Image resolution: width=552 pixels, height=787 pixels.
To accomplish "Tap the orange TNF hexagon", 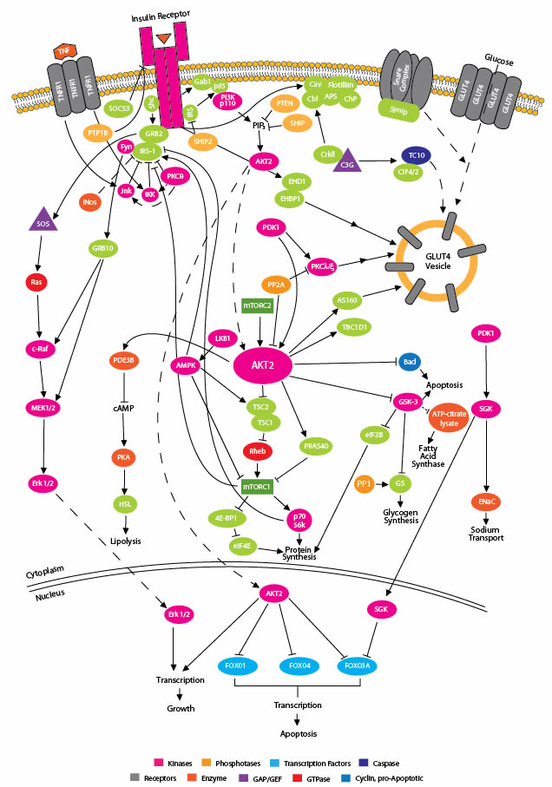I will click(x=63, y=51).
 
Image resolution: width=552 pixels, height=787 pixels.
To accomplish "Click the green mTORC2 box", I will click(x=260, y=305).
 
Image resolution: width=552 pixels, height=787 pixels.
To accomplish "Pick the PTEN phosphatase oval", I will click(x=286, y=103).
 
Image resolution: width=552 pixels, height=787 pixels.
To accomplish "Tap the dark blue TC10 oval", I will click(x=411, y=154).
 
